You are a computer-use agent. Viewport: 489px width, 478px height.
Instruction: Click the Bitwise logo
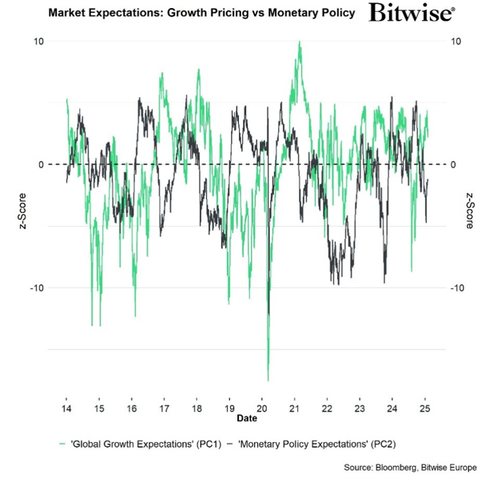412,14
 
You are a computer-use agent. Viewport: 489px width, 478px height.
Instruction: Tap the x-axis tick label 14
66,407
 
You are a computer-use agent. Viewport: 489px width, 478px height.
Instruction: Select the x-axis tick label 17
164,407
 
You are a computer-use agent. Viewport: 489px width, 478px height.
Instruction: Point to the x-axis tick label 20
262,407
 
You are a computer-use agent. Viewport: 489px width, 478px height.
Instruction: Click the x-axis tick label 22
327,407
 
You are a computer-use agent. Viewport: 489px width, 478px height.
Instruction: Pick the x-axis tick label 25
424,407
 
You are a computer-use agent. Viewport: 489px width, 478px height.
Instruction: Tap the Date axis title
246,417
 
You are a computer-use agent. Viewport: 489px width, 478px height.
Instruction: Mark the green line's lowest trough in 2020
268,381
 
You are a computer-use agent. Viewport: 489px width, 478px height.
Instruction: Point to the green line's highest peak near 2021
300,42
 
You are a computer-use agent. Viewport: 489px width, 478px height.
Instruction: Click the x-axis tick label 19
229,407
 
